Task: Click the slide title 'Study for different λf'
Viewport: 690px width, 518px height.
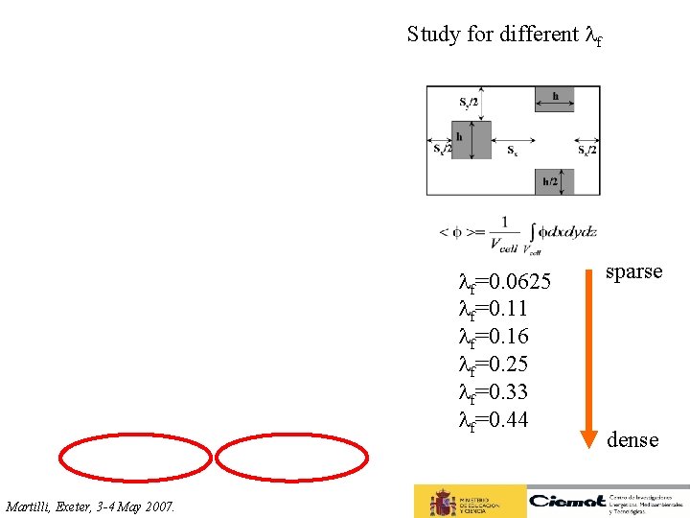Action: click(504, 35)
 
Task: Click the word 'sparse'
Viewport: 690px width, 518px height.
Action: click(633, 271)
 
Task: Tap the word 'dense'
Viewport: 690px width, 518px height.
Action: click(632, 439)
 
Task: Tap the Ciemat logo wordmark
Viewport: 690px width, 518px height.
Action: click(567, 500)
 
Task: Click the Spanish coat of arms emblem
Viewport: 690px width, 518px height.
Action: click(442, 502)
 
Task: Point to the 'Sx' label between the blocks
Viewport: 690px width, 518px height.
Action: click(513, 151)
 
